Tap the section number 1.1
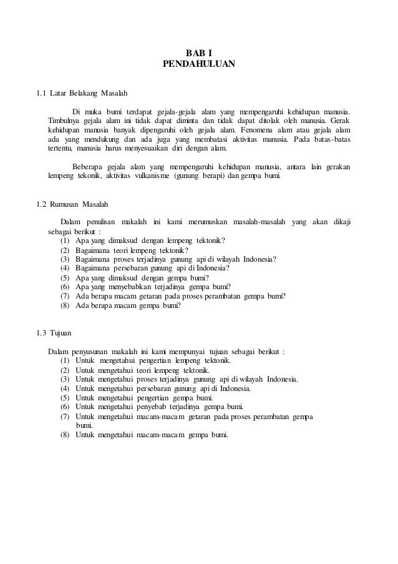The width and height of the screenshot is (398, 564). click(42, 94)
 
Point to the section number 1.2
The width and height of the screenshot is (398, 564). click(42, 204)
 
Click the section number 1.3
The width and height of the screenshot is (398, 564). click(42, 331)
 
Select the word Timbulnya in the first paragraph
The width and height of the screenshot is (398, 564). click(64, 120)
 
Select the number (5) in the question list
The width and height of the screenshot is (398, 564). click(65, 278)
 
